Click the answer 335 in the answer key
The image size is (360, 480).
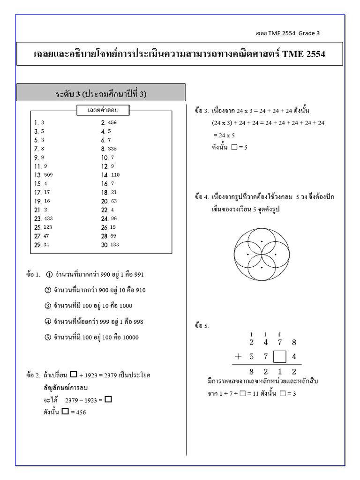pyautogui.click(x=112, y=149)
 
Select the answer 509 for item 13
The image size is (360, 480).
pyautogui.click(x=48, y=175)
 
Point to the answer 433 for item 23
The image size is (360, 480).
pyautogui.click(x=48, y=218)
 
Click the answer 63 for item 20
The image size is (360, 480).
pyautogui.click(x=112, y=201)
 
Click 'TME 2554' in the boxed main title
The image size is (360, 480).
pyautogui.click(x=304, y=54)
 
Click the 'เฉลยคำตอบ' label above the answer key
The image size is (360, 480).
pyautogui.click(x=103, y=110)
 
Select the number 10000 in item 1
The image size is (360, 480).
pyautogui.click(x=131, y=337)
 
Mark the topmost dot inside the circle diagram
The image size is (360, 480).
pyautogui.click(x=262, y=241)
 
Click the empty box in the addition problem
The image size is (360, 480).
pyautogui.click(x=279, y=356)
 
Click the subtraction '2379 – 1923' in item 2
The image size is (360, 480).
pyautogui.click(x=81, y=400)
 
